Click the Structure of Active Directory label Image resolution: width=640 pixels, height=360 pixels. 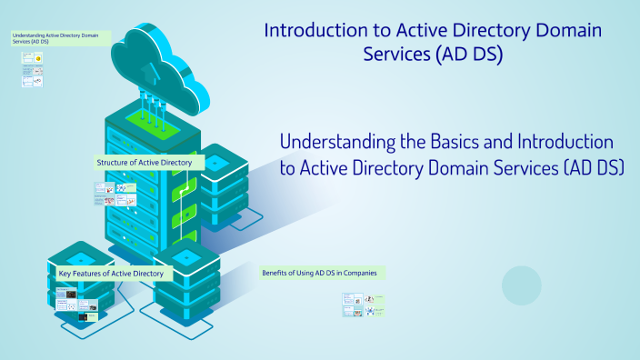(x=144, y=163)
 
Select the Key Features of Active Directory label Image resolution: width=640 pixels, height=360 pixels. (x=110, y=274)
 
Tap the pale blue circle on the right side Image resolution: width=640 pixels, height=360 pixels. (x=522, y=285)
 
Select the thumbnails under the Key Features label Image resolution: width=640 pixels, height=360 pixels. (x=77, y=305)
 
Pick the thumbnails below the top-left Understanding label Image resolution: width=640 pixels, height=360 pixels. (x=33, y=69)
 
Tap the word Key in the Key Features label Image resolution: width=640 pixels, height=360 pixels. (x=65, y=274)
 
